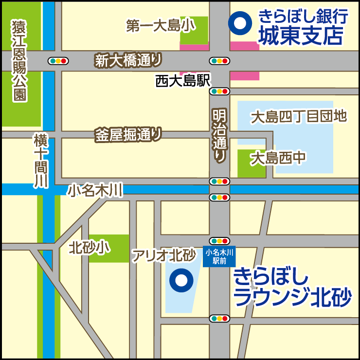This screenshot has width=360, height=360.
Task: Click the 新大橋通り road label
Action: pyautogui.click(x=128, y=60)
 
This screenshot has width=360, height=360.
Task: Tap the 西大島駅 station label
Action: pyautogui.click(x=182, y=81)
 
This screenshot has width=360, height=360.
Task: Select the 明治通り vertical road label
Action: pyautogui.click(x=219, y=135)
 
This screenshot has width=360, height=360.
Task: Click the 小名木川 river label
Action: pyautogui.click(x=95, y=189)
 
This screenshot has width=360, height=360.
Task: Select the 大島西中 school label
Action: pyautogui.click(x=278, y=158)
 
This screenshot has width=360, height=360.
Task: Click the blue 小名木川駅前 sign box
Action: pyautogui.click(x=219, y=256)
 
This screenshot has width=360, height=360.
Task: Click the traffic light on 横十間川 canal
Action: pyautogui.click(x=58, y=61)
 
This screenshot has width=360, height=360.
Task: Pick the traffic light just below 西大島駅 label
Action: pyautogui.click(x=219, y=91)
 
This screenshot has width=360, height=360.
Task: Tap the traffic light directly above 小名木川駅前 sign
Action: pyautogui.click(x=219, y=241)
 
